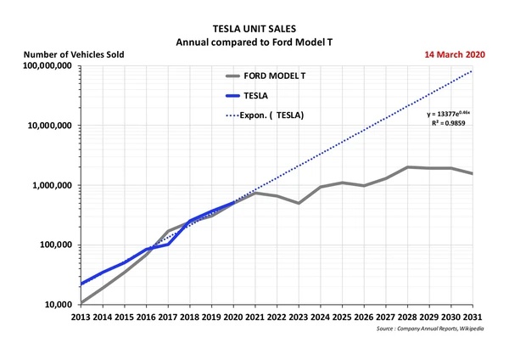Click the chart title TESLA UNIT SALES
coord(255,27)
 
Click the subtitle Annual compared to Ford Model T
coord(255,41)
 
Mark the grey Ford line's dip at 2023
coord(298,203)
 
